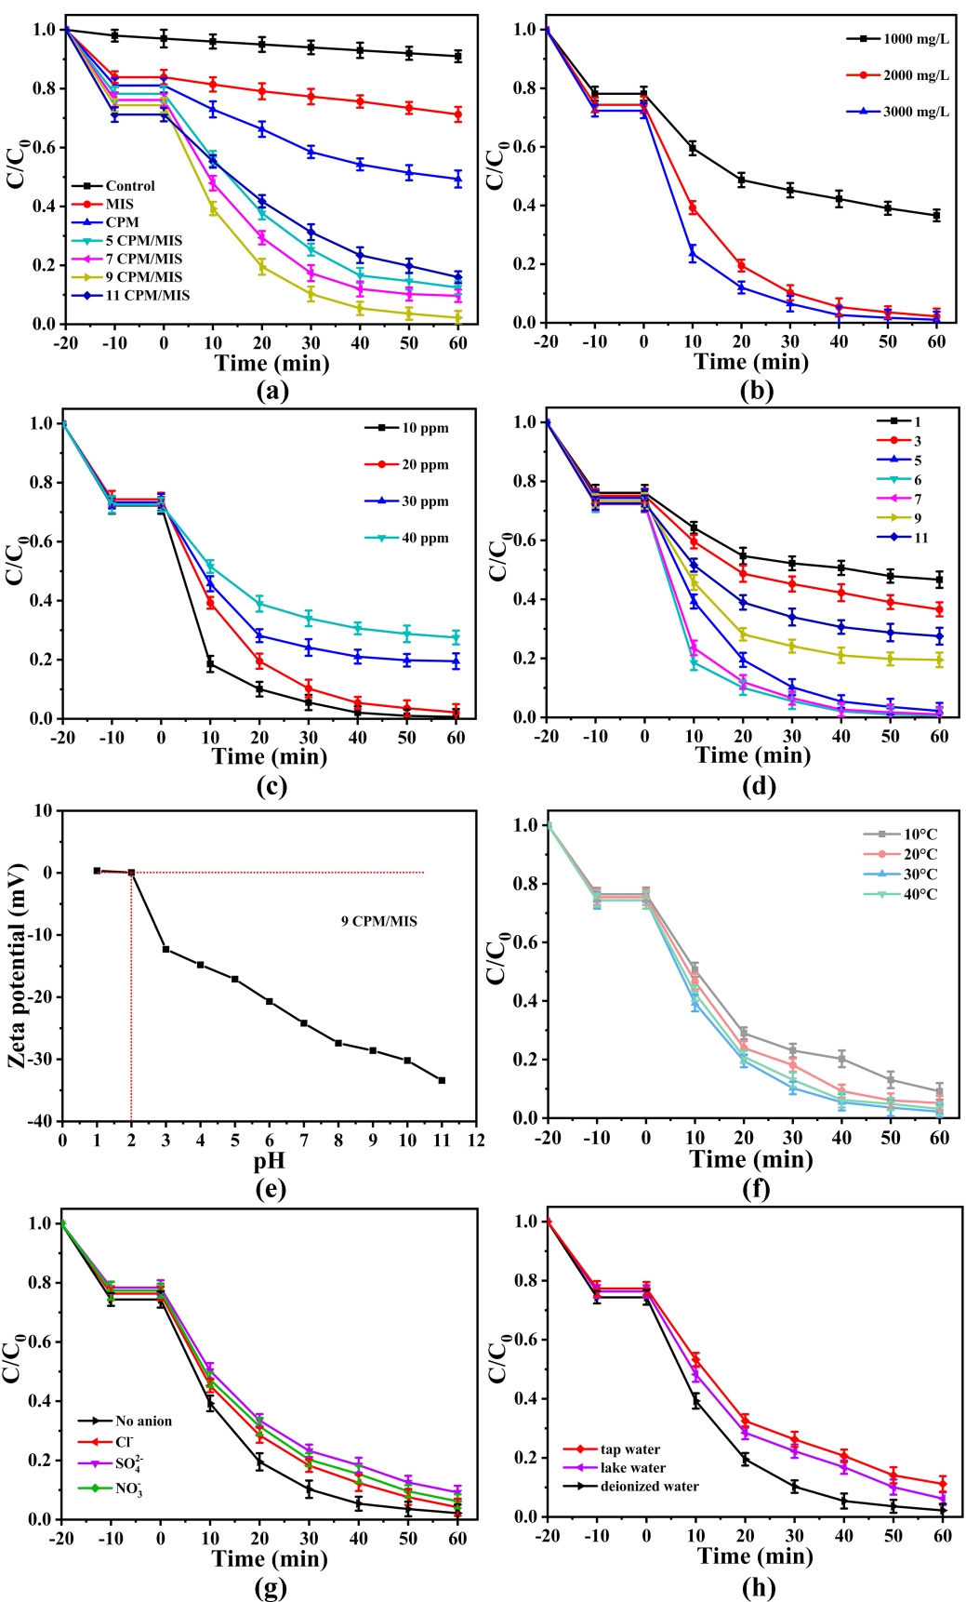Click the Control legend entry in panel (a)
click(129, 186)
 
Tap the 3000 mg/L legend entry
click(916, 112)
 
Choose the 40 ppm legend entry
click(425, 538)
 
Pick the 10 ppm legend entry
click(425, 428)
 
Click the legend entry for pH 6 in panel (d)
click(917, 480)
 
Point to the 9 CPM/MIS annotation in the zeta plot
click(378, 921)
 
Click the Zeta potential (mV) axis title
click(17, 966)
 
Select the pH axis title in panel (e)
click(269, 1161)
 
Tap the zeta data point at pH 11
click(442, 1080)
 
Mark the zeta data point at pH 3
click(165, 949)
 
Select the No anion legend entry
click(142, 1421)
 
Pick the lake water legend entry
click(632, 1468)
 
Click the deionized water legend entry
click(649, 1487)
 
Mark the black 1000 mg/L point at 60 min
click(936, 215)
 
